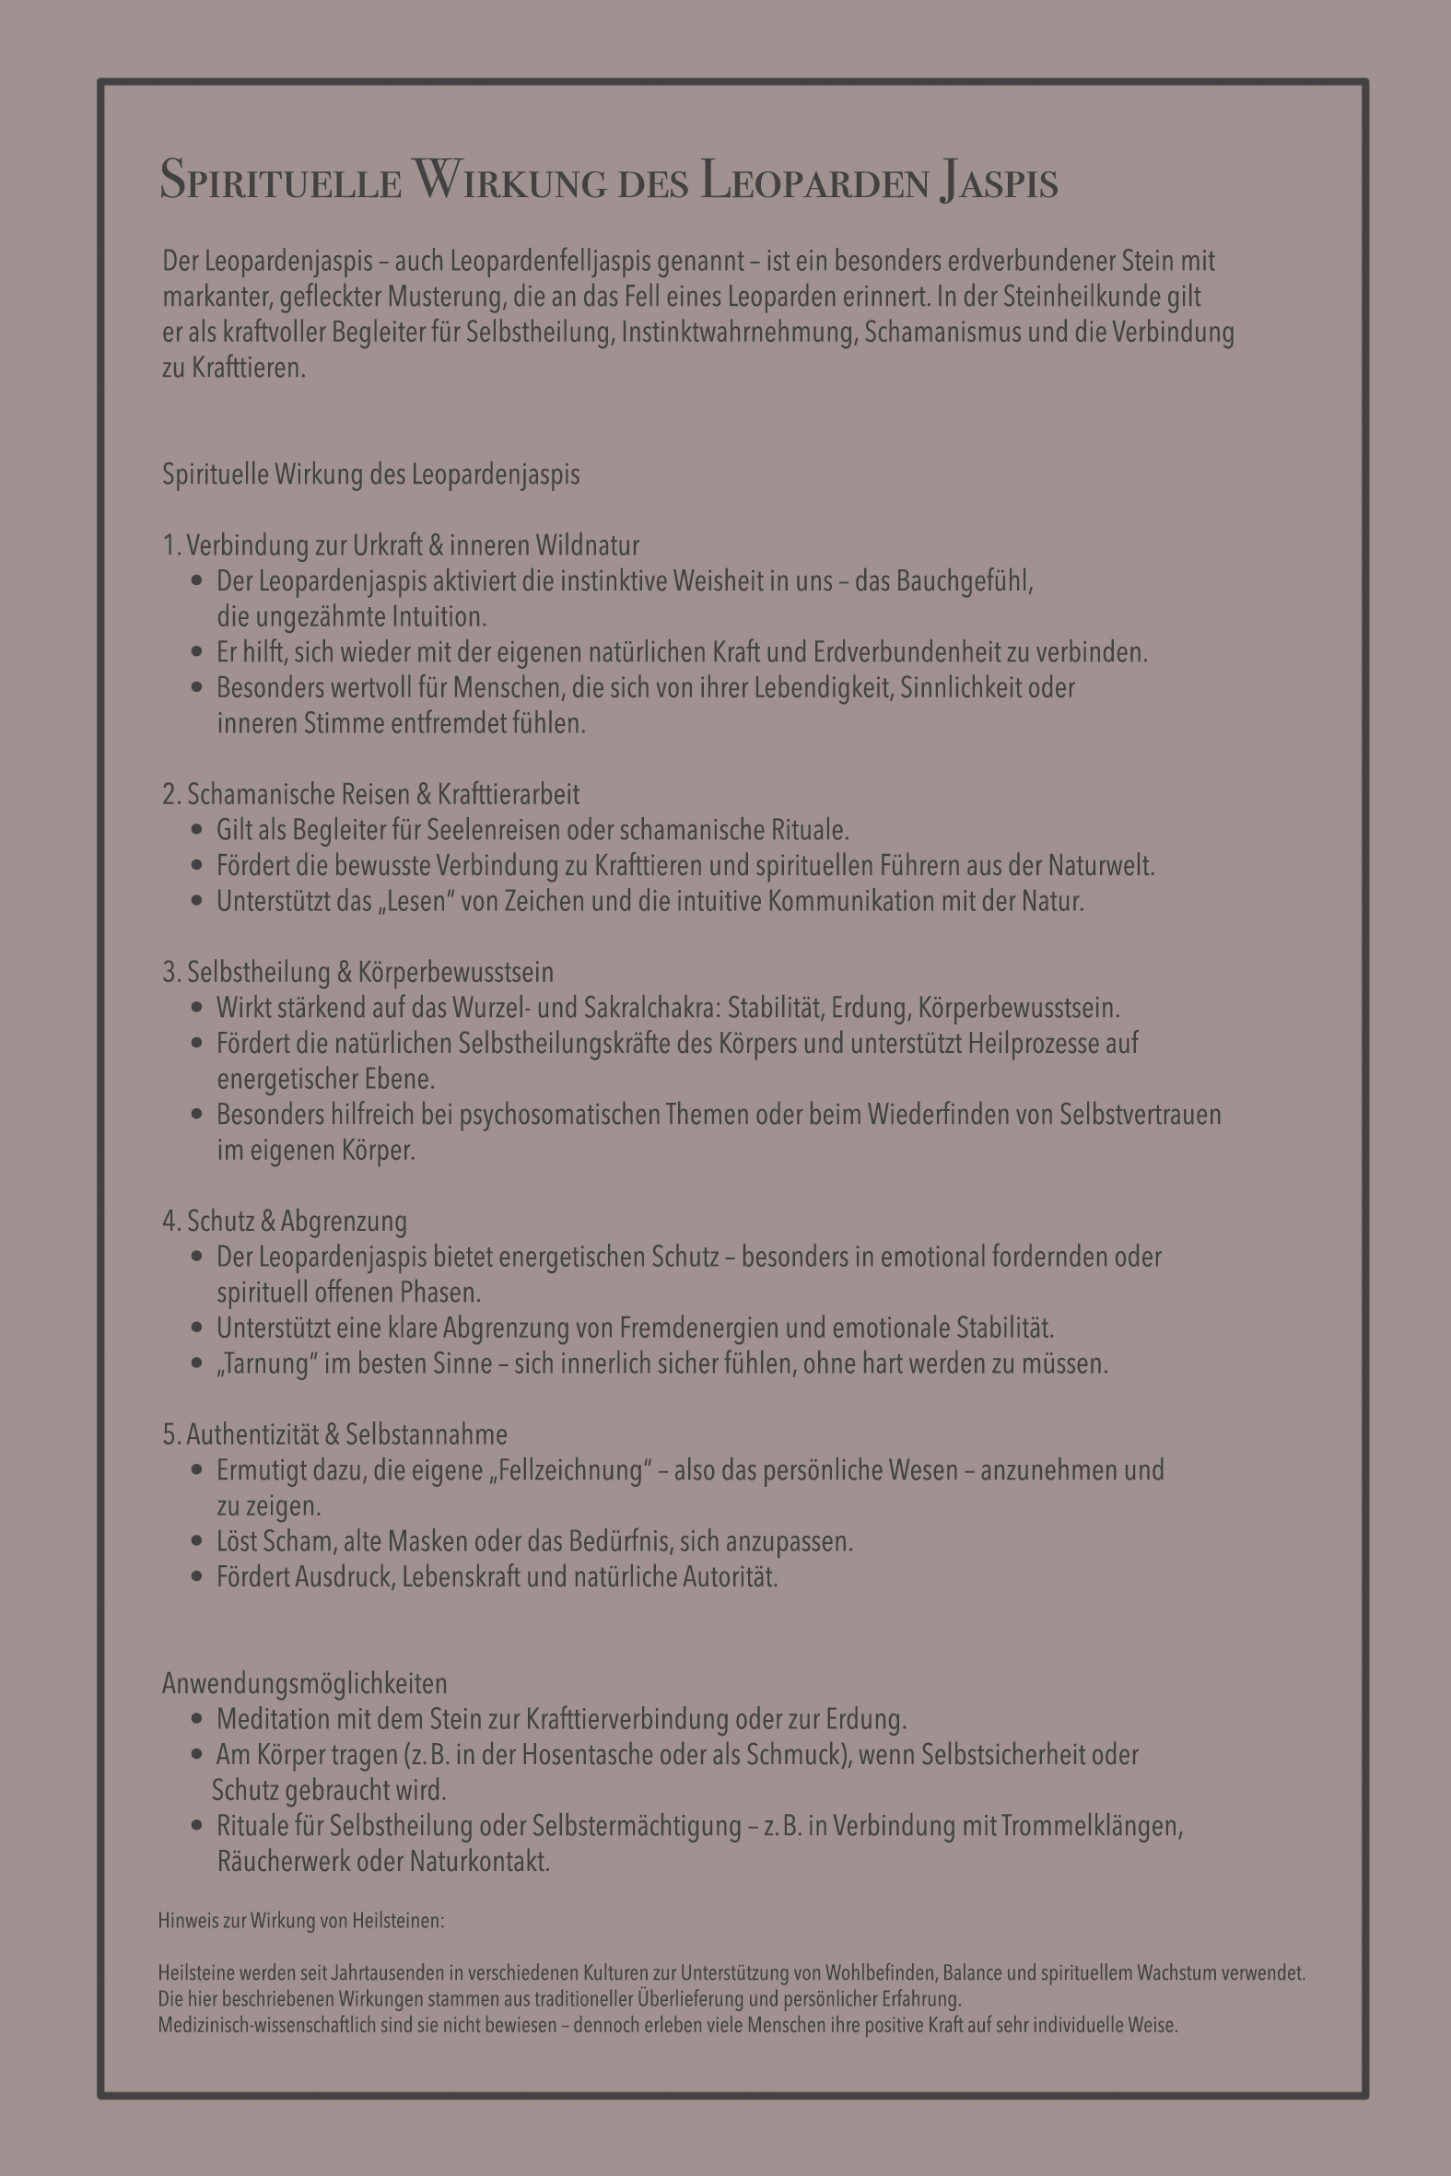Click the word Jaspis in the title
point(999,181)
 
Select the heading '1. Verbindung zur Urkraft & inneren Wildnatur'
point(401,546)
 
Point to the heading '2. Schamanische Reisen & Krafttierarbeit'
point(371,795)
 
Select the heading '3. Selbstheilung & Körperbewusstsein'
point(358,972)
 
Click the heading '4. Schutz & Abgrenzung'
point(285,1222)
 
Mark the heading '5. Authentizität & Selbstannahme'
point(335,1435)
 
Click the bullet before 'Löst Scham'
point(196,1541)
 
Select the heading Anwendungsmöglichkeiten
point(304,1684)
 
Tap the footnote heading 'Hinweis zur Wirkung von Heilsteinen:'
point(301,1921)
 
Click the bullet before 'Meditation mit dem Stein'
point(196,1719)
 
